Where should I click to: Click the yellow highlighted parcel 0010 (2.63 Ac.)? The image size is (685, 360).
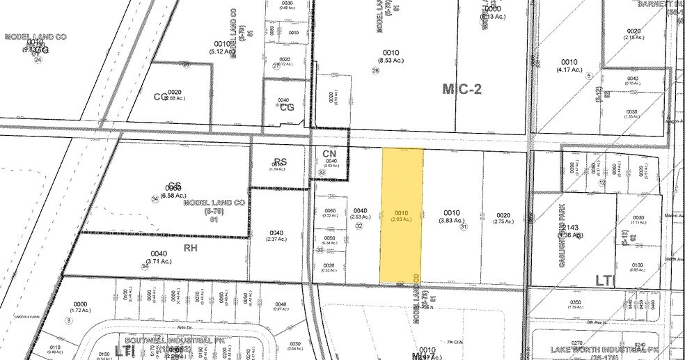pyautogui.click(x=400, y=216)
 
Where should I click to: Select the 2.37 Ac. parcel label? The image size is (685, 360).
pyautogui.click(x=277, y=237)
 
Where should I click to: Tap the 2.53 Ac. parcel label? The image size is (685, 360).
pyautogui.click(x=359, y=214)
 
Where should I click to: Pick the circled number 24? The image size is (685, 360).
pyautogui.click(x=38, y=60)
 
